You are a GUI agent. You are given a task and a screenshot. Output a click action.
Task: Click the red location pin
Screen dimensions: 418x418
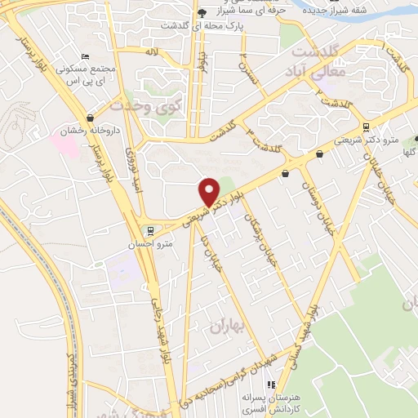coord(210,190)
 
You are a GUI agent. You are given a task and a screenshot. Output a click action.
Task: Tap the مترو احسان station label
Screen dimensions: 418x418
coord(153,244)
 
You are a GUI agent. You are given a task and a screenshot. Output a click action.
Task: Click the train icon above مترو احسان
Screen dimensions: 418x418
coord(148,230)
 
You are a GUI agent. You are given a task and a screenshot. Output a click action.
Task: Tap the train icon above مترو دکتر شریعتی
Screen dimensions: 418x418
coord(365,127)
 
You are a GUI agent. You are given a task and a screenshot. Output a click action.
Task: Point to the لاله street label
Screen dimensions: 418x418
coord(151,51)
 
